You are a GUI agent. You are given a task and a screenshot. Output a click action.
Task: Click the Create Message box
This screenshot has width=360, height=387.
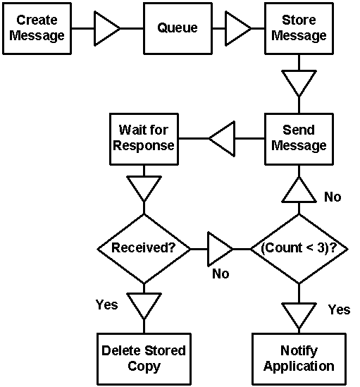click(x=37, y=28)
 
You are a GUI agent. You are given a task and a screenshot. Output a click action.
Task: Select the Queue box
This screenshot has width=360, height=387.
click(x=178, y=28)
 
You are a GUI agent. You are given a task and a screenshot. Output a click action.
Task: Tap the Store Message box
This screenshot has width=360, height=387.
click(x=299, y=28)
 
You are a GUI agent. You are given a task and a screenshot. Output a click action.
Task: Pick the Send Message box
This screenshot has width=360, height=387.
click(x=299, y=139)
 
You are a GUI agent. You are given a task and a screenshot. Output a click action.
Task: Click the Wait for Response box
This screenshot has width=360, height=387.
click(x=144, y=139)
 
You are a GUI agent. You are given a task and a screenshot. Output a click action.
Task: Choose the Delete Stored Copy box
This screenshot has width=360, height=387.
click(x=144, y=359)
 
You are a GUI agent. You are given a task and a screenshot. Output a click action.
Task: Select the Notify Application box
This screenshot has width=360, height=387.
click(x=299, y=359)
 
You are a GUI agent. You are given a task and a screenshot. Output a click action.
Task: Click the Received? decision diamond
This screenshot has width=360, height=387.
click(x=144, y=249)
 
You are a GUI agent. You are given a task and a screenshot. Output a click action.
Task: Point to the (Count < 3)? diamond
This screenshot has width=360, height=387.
click(x=299, y=249)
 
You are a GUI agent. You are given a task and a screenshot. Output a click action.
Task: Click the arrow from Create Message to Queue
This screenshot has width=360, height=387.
click(x=107, y=28)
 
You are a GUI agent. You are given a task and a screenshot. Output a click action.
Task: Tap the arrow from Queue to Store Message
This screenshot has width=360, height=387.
click(x=238, y=28)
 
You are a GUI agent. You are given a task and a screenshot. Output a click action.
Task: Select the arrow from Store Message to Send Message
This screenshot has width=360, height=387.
click(x=299, y=84)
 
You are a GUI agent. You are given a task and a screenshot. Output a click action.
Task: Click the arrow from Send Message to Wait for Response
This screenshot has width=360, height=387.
click(x=222, y=139)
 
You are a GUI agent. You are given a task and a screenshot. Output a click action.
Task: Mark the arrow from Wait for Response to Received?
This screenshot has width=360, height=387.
click(x=144, y=189)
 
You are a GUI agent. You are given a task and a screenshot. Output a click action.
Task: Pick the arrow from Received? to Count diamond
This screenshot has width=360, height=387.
click(x=221, y=249)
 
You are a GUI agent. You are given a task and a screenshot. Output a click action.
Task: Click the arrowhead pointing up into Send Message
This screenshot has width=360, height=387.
click(x=299, y=190)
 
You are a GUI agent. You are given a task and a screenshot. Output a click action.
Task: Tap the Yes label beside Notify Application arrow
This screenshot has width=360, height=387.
click(x=339, y=309)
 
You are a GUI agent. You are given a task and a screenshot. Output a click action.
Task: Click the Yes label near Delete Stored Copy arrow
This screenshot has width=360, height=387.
click(x=107, y=305)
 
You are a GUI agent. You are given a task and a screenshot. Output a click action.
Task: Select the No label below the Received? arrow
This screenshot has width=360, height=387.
click(x=221, y=274)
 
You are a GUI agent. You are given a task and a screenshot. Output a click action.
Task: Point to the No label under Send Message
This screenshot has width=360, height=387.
click(x=333, y=197)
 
